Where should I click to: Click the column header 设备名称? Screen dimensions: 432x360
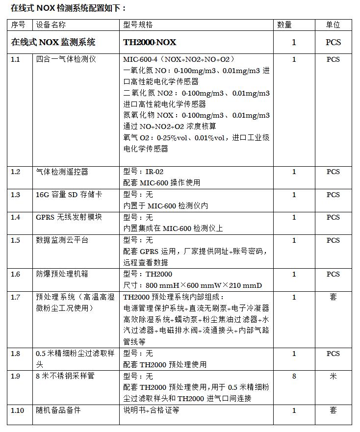point(51,25)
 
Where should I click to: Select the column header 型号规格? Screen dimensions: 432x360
point(138,25)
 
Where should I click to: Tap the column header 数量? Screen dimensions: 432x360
point(284,25)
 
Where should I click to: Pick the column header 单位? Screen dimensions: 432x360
point(333,25)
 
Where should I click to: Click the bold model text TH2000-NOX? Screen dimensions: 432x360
point(150,42)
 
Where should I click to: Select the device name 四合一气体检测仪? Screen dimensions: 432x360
point(66,59)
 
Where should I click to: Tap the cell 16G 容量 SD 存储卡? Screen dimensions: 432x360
point(69,195)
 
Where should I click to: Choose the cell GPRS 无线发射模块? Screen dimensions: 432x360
point(69,217)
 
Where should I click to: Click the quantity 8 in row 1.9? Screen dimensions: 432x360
point(294,376)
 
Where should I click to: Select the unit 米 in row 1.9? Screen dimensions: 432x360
point(333,376)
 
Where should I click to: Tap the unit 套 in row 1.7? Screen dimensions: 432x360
point(333,297)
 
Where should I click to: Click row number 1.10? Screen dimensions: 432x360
point(18,410)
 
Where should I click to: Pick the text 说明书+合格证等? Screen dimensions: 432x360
point(151,410)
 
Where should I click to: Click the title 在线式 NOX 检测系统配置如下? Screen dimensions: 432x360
point(68,8)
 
